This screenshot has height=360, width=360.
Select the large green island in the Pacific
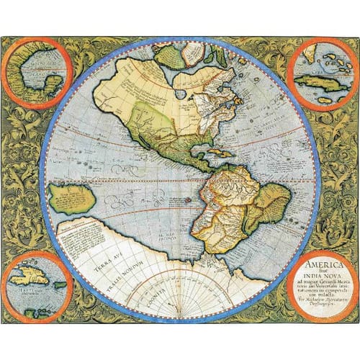click(73, 198)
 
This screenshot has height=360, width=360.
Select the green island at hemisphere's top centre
click(171, 56)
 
